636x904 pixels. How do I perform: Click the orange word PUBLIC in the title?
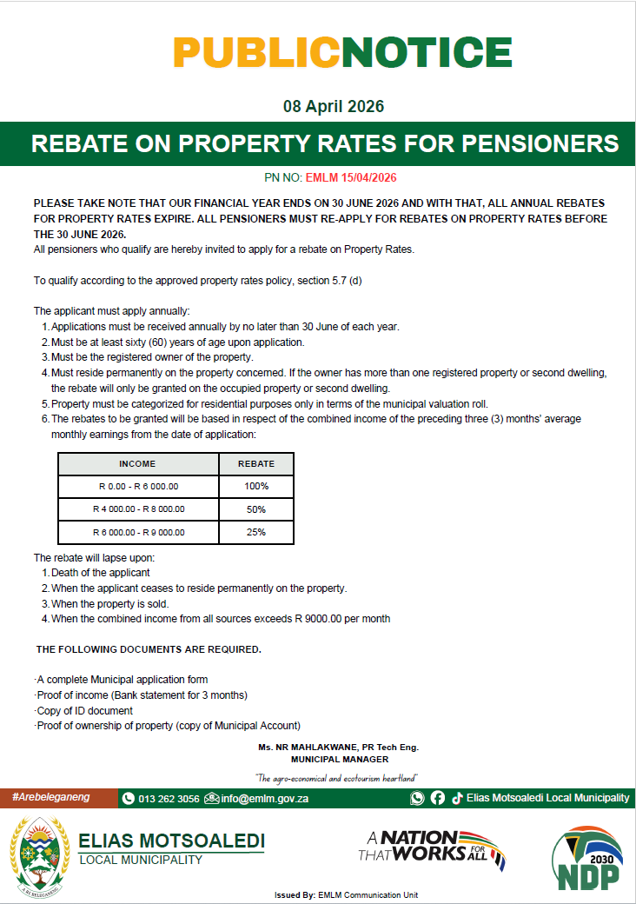256,53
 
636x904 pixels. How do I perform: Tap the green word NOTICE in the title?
426,53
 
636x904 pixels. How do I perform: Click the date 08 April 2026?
333,107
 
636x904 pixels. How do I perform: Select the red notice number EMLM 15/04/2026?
350,177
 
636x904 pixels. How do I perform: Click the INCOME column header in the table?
137,464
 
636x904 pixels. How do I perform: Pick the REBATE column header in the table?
255,464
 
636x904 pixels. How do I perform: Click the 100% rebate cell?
255,487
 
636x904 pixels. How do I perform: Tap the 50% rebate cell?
255,509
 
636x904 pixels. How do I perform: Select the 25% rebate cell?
255,532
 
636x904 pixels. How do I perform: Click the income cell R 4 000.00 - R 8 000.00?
138,509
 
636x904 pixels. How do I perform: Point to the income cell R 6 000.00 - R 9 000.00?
138,532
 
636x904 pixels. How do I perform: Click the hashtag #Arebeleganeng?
51,798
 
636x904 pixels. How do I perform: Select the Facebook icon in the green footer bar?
437,798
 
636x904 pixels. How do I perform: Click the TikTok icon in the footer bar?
456,798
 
